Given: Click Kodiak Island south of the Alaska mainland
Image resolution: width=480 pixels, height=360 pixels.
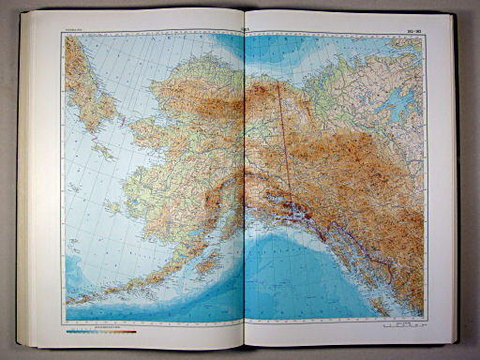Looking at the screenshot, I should click(205, 260).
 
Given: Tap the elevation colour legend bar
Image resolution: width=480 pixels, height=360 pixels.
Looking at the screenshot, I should click(101, 330).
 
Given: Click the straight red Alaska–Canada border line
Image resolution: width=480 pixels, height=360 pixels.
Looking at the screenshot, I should click(283, 141).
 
